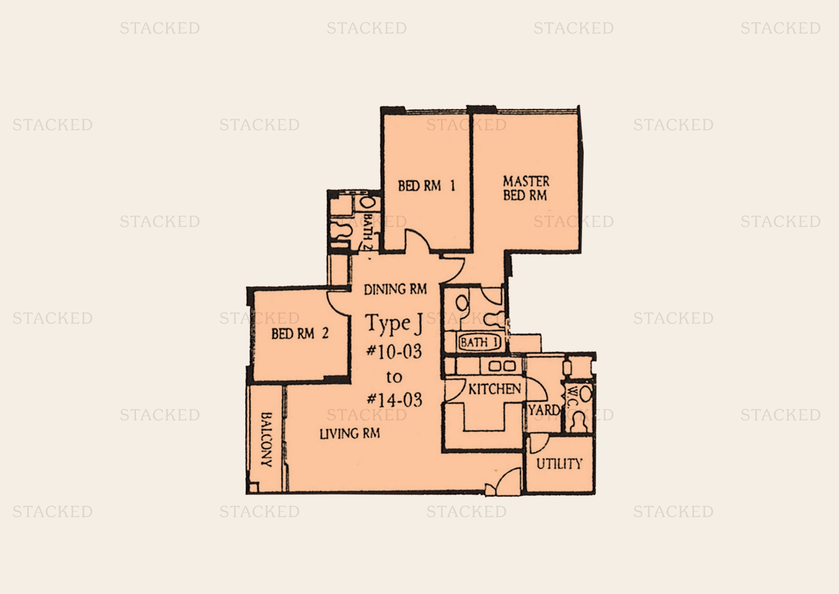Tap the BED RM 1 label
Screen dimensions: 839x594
[426, 186]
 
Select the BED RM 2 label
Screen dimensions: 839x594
[300, 334]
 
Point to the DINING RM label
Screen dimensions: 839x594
[395, 289]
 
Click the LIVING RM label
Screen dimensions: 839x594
[350, 434]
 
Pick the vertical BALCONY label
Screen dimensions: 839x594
[267, 440]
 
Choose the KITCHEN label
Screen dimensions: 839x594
[494, 389]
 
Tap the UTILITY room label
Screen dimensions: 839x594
[559, 464]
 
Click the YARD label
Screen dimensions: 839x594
[544, 410]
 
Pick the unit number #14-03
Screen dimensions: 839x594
[394, 400]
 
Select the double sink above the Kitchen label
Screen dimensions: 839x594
[502, 366]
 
